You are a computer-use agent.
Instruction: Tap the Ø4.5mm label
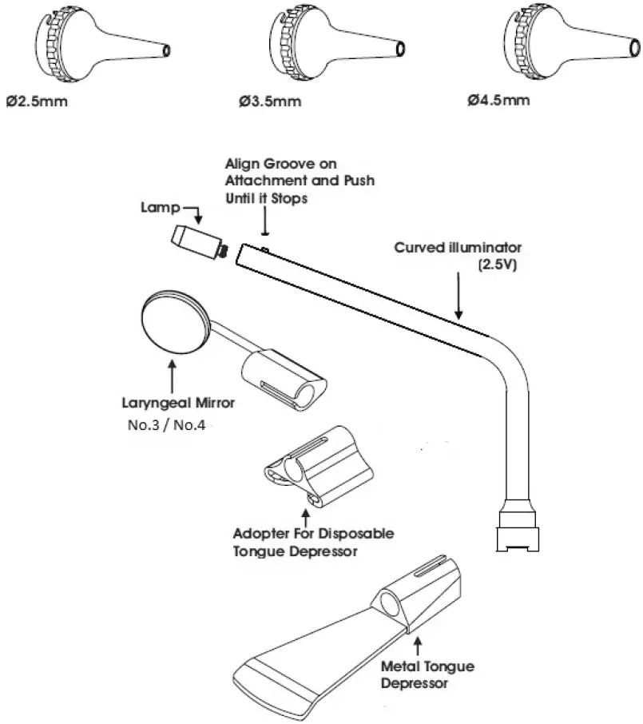pos(499,101)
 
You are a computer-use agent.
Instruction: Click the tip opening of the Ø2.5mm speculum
pos(165,50)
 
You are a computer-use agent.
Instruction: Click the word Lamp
pos(157,209)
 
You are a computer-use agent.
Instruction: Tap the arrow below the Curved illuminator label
pos(458,297)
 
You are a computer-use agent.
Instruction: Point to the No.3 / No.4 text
pos(166,425)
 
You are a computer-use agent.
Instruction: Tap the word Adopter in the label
pos(263,533)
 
